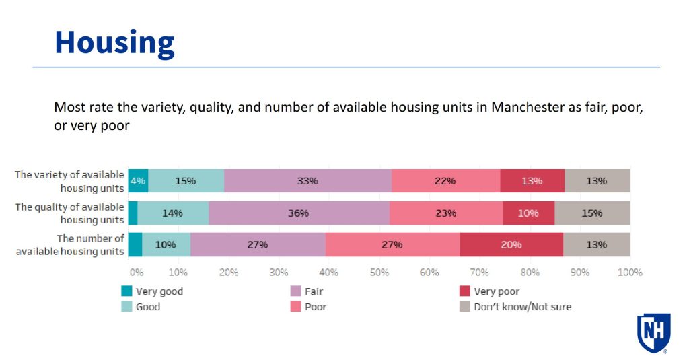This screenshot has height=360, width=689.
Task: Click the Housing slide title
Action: click(114, 42)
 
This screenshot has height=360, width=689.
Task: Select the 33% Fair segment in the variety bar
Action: click(307, 181)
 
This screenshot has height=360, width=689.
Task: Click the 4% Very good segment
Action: click(138, 181)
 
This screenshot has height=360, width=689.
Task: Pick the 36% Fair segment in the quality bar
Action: click(299, 213)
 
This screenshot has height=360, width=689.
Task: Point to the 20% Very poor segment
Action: click(511, 244)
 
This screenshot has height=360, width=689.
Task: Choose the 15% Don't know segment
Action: click(592, 213)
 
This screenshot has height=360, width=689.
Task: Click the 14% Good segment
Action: click(173, 213)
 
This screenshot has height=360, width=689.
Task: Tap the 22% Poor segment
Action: click(445, 181)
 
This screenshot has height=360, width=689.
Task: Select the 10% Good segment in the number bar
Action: click(166, 244)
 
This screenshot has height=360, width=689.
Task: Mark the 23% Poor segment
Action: click(445, 213)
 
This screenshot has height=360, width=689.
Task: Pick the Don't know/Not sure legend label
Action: click(522, 307)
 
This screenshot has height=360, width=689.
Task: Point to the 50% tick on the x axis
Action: click(379, 273)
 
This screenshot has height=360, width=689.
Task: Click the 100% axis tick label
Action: click(630, 273)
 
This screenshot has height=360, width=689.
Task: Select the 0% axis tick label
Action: click(137, 273)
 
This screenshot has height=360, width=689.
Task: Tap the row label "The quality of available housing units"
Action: click(70, 213)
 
